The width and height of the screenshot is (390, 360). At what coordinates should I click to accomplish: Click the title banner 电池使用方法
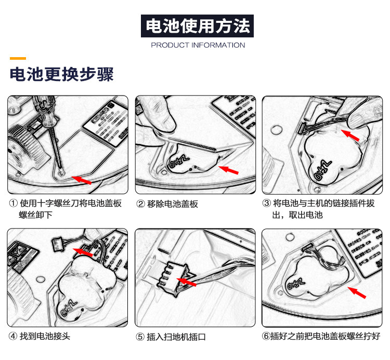pyautogui.click(x=197, y=26)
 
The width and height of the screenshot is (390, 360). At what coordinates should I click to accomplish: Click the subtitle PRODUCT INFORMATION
pyautogui.click(x=198, y=45)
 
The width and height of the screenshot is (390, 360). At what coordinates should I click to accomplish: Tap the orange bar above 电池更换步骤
pyautogui.click(x=18, y=58)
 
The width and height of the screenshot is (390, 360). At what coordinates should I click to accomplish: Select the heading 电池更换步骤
pyautogui.click(x=62, y=74)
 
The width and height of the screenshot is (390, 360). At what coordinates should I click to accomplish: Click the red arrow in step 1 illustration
pyautogui.click(x=82, y=180)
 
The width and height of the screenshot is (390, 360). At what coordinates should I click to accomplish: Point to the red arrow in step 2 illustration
pyautogui.click(x=228, y=170)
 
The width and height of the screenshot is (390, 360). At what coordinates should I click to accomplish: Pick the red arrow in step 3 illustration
pyautogui.click(x=350, y=136)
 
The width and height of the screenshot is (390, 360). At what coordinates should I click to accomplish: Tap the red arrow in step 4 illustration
pyautogui.click(x=83, y=252)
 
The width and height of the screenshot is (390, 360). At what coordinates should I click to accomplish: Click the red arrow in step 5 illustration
pyautogui.click(x=187, y=282)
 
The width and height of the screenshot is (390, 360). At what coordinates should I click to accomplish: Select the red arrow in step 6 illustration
pyautogui.click(x=357, y=292)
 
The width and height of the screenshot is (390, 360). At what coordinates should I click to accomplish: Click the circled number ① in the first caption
pyautogui.click(x=14, y=204)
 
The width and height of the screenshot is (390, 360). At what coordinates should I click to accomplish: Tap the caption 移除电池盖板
pyautogui.click(x=173, y=204)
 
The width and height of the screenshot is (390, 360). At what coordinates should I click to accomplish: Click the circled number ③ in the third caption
pyautogui.click(x=266, y=203)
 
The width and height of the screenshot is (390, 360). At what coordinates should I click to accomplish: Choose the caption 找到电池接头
pyautogui.click(x=45, y=336)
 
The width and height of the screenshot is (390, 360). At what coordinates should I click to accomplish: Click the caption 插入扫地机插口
pyautogui.click(x=176, y=337)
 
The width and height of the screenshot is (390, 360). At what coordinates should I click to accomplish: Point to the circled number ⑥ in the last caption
pyautogui.click(x=266, y=336)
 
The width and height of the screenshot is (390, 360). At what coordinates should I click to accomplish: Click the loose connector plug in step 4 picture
pyautogui.click(x=58, y=245)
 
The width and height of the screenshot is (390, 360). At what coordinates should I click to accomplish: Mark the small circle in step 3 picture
pyautogui.click(x=276, y=130)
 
